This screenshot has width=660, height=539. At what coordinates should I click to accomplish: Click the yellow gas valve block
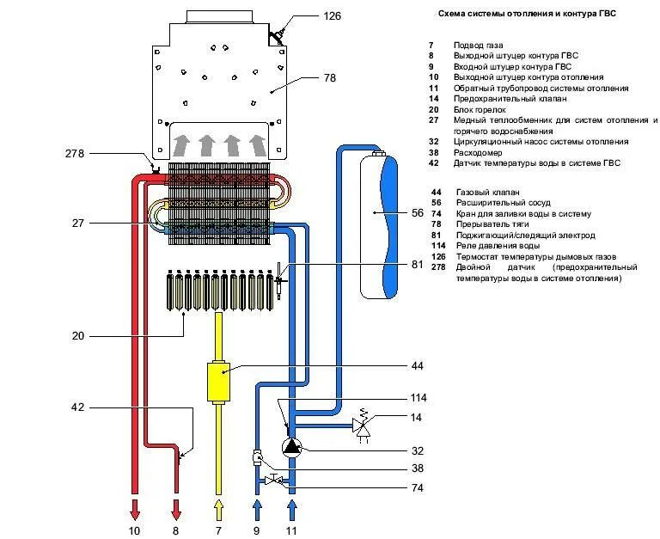click(218, 381)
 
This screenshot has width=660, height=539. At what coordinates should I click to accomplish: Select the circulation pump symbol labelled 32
click(293, 446)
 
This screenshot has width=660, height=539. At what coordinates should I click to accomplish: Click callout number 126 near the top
click(333, 15)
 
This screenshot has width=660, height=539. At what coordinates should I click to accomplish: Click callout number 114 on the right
click(419, 398)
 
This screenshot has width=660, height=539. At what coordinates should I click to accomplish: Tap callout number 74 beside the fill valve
click(418, 487)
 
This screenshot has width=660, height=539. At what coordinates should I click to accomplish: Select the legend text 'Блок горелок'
click(480, 109)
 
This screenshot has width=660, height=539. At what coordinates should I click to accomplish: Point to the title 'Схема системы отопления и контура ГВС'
click(527, 14)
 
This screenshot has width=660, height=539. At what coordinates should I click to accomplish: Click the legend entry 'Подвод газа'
click(479, 45)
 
